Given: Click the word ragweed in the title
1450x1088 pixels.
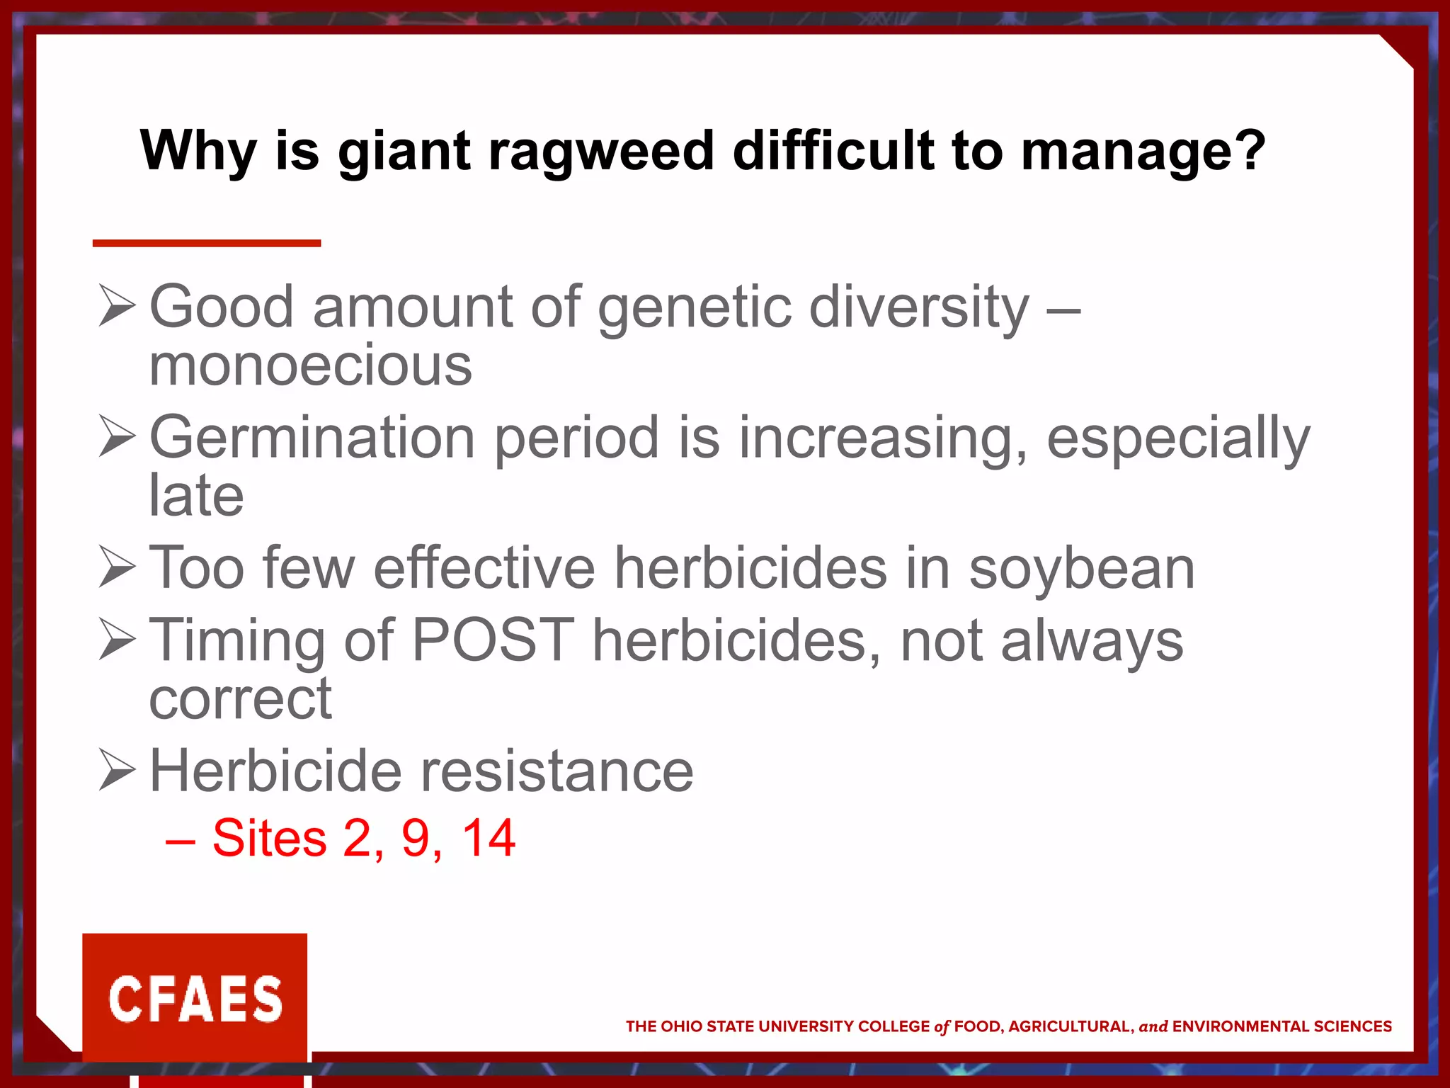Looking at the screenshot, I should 601,152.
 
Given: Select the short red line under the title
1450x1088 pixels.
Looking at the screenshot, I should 206,243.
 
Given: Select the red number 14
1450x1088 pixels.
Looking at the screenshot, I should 489,838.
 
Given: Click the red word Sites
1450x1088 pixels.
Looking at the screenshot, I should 269,838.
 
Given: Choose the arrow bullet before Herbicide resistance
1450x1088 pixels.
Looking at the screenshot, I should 117,770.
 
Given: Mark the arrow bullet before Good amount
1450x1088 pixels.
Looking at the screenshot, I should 117,305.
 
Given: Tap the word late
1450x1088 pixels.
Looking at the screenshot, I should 196,495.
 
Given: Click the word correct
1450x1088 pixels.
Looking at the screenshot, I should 240,699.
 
